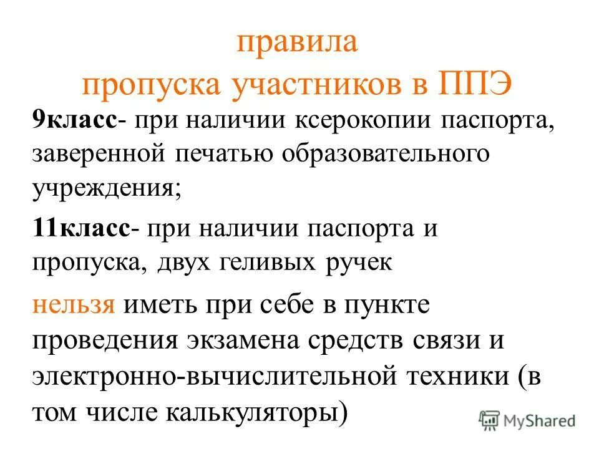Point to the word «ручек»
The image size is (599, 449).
[359, 262]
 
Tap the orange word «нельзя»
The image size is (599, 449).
[74, 306]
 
